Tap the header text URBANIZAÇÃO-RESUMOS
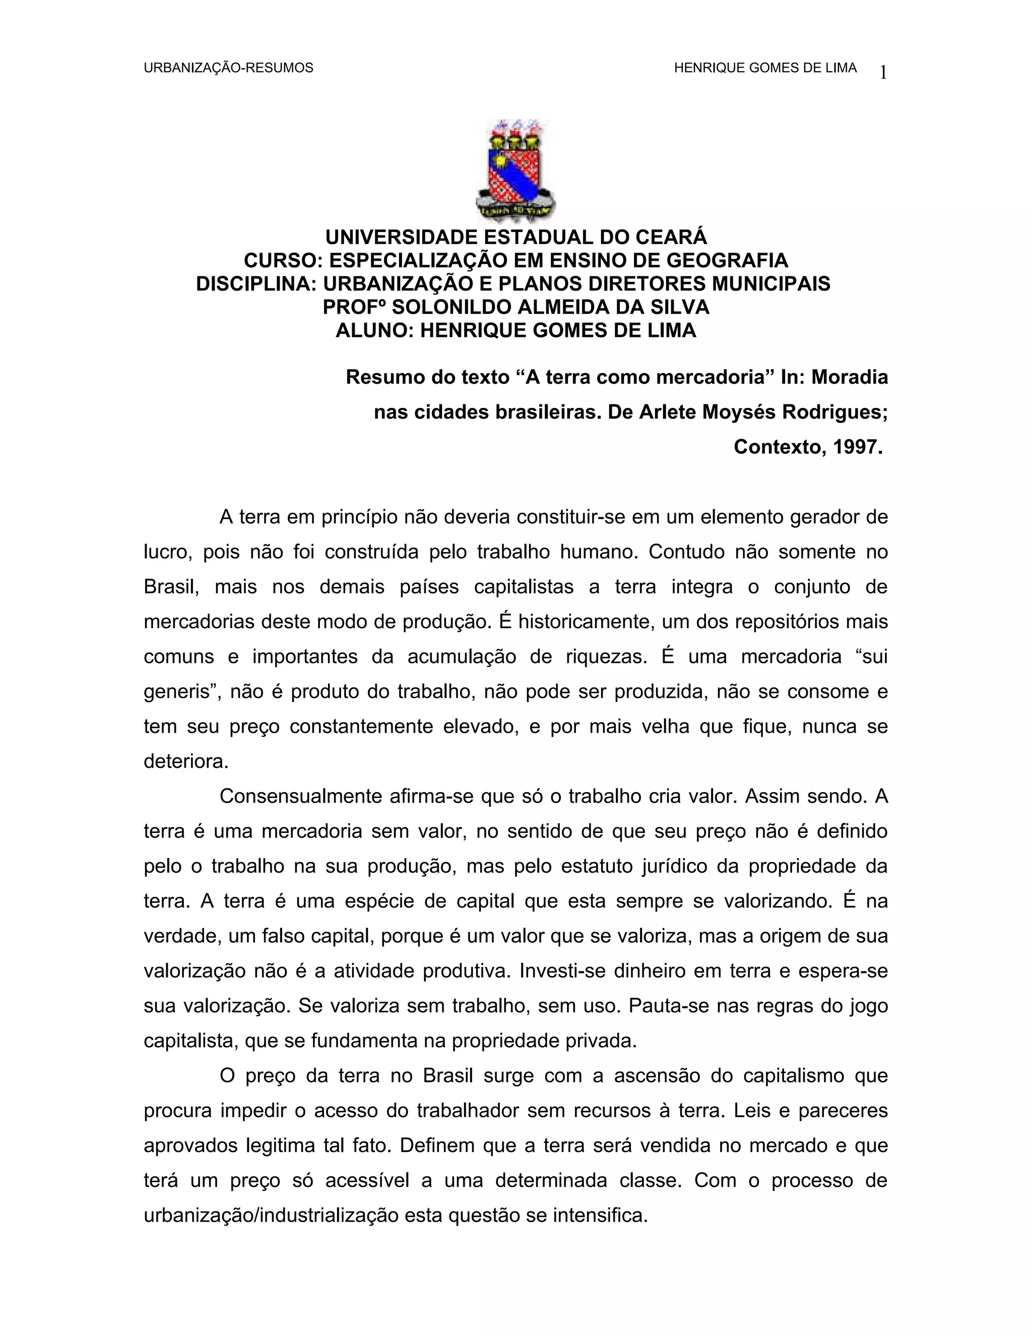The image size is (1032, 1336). coord(228,68)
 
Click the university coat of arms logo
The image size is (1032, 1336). coord(515,171)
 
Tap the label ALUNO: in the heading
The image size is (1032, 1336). coord(375,330)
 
